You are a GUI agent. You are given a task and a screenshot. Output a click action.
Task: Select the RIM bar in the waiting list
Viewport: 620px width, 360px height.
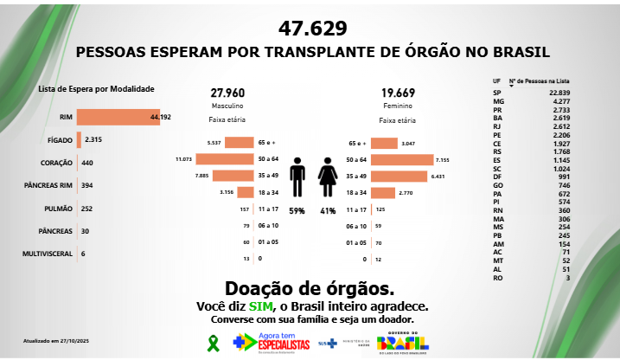(118, 117)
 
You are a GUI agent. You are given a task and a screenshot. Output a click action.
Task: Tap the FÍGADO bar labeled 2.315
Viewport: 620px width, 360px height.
(79, 139)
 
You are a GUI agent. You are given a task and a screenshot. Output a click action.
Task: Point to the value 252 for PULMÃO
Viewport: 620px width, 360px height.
(86, 209)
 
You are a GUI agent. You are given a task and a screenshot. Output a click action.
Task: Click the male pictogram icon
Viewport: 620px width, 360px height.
(297, 177)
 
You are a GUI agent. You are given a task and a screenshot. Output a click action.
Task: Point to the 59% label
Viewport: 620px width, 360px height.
(297, 210)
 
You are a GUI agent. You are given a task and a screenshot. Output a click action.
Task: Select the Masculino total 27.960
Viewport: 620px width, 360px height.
(227, 93)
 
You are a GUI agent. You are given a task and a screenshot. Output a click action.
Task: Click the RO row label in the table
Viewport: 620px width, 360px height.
(496, 278)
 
